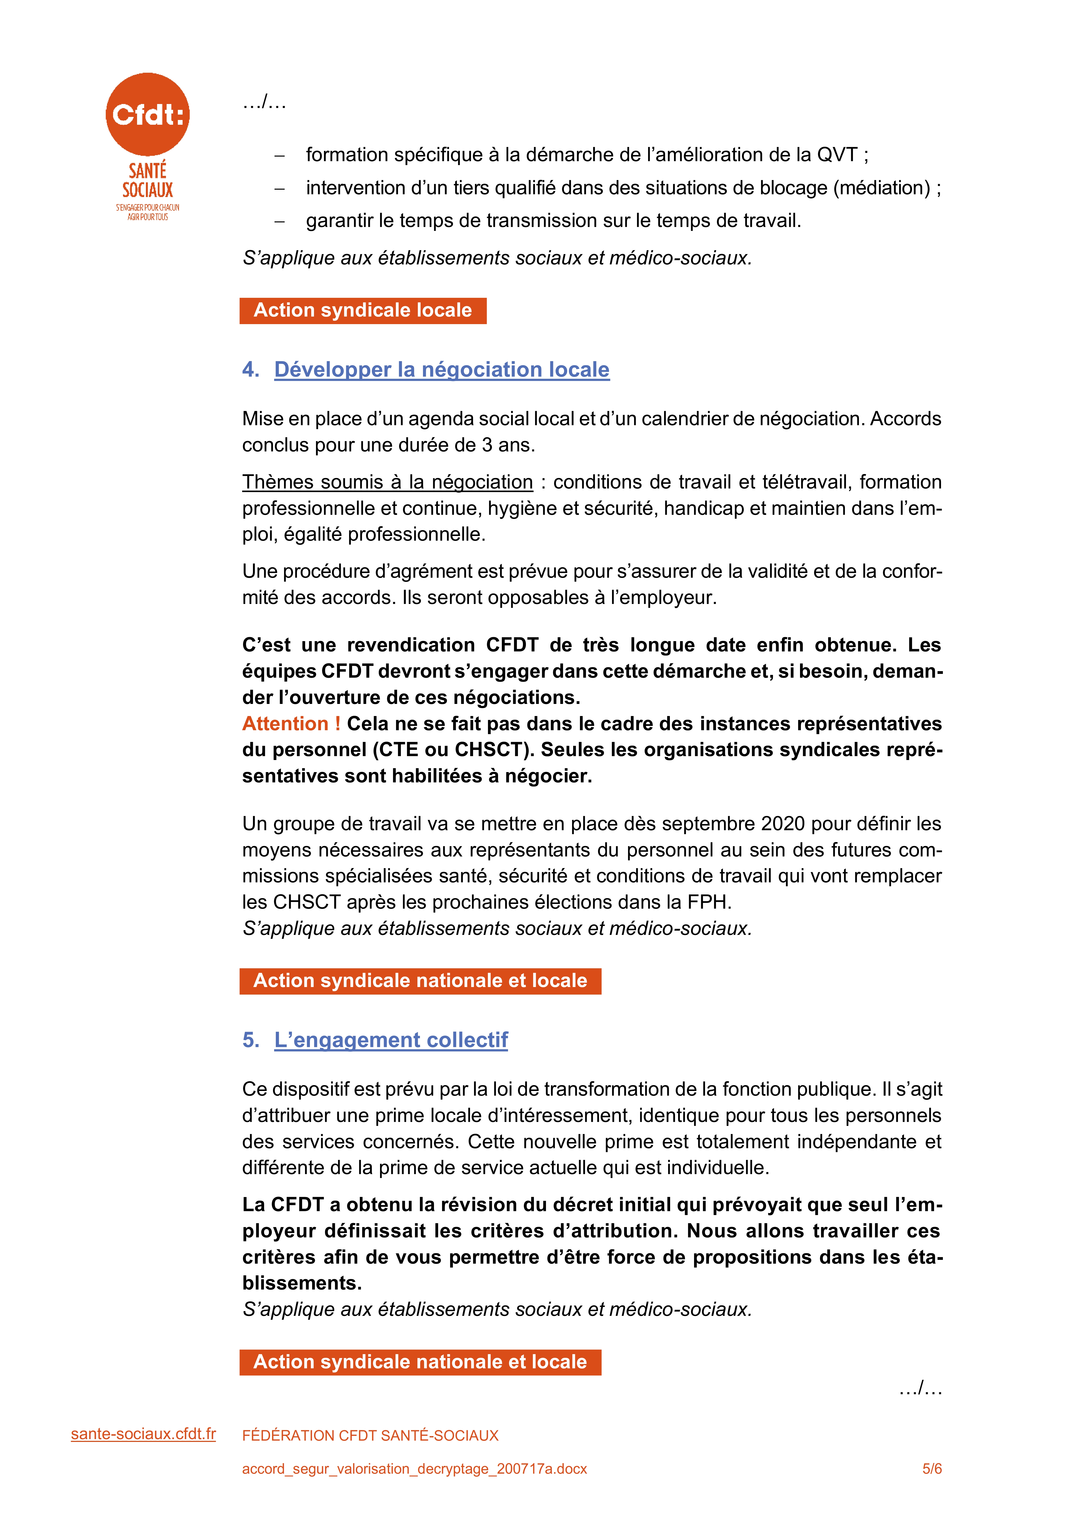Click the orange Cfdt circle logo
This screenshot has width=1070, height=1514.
(x=148, y=114)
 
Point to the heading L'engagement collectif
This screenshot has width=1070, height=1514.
(x=391, y=1040)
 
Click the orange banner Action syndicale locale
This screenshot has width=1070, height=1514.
(x=363, y=311)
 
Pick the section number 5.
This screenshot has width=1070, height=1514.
(x=250, y=1040)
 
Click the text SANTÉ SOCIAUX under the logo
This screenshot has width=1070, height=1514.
(x=148, y=181)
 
